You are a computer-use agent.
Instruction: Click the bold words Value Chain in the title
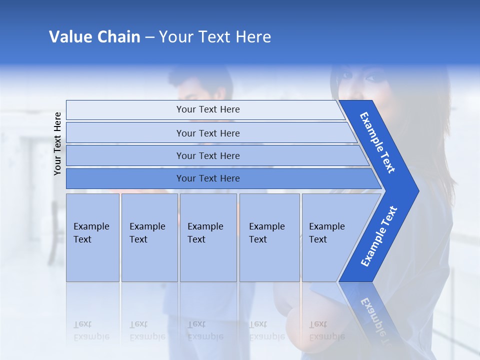(x=94, y=37)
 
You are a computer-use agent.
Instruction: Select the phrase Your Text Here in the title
(x=215, y=37)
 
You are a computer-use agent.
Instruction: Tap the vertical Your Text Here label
(x=58, y=143)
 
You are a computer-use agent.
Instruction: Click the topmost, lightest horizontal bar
(x=207, y=109)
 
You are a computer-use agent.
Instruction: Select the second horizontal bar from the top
(x=207, y=133)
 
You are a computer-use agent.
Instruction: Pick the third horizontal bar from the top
(x=207, y=155)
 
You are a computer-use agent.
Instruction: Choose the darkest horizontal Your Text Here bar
(x=207, y=178)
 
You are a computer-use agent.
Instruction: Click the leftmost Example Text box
(x=92, y=237)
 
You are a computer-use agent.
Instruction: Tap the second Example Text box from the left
(x=149, y=237)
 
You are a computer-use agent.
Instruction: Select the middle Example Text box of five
(x=208, y=237)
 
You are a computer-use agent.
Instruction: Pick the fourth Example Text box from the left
(x=269, y=237)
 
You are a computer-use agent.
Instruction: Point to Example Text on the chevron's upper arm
(x=377, y=142)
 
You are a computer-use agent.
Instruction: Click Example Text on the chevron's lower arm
(x=379, y=236)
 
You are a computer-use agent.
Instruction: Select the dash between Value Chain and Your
(x=149, y=37)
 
